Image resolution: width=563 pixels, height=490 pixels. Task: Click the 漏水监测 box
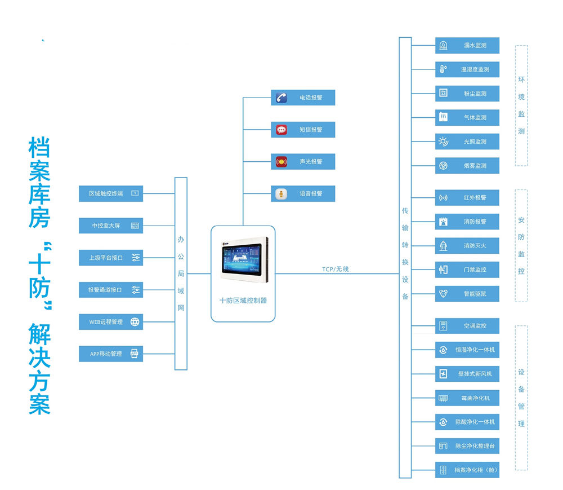pyautogui.click(x=467, y=45)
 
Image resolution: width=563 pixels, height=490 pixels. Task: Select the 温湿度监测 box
pyautogui.click(x=467, y=69)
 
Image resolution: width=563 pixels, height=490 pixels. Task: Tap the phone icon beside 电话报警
pyautogui.click(x=281, y=98)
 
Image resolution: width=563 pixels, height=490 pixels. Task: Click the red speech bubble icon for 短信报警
pyautogui.click(x=281, y=130)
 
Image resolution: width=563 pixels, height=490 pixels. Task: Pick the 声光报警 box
pyautogui.click(x=303, y=161)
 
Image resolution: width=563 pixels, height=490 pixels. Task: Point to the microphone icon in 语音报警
pyautogui.click(x=281, y=194)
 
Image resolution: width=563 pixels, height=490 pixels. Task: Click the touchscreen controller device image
pyautogui.click(x=244, y=259)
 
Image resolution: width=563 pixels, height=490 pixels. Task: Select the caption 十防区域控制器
pyautogui.click(x=243, y=301)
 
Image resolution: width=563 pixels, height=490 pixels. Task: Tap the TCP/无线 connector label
pyautogui.click(x=336, y=269)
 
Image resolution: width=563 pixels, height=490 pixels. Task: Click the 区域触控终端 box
pyautogui.click(x=111, y=193)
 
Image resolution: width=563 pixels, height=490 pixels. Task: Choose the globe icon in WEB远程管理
pyautogui.click(x=135, y=322)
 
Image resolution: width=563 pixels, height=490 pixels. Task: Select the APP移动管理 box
pyautogui.click(x=111, y=354)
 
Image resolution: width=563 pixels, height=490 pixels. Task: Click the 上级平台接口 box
pyautogui.click(x=111, y=258)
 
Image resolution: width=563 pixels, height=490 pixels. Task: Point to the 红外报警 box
pyautogui.click(x=467, y=198)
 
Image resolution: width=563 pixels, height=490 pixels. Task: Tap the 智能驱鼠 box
pyautogui.click(x=467, y=294)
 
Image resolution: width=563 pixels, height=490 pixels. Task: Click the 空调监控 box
pyautogui.click(x=467, y=326)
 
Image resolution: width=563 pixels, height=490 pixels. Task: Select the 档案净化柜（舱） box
pyautogui.click(x=467, y=470)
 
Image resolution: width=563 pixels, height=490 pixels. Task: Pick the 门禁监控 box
pyautogui.click(x=467, y=270)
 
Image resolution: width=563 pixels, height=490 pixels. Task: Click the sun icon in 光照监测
pyautogui.click(x=444, y=142)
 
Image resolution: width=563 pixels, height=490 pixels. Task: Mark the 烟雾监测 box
pyautogui.click(x=467, y=166)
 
